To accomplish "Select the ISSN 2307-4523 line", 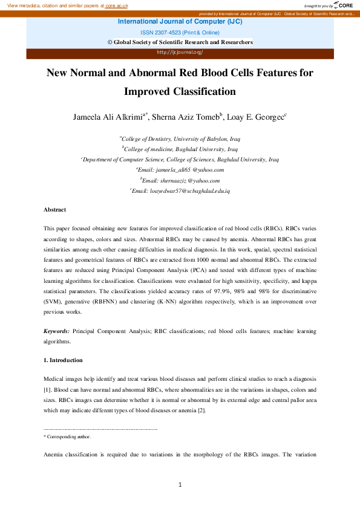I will click(x=179, y=33).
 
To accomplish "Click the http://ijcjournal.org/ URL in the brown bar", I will click(x=180, y=53).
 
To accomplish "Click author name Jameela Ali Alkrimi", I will click(x=111, y=117).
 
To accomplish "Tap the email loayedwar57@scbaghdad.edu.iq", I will click(x=181, y=190).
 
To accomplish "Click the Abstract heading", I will click(x=54, y=210).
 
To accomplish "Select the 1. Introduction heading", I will click(x=64, y=360).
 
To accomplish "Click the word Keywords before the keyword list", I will click(x=56, y=331).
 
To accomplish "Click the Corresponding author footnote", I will click(x=68, y=436).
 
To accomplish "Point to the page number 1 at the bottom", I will click(x=180, y=484).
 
